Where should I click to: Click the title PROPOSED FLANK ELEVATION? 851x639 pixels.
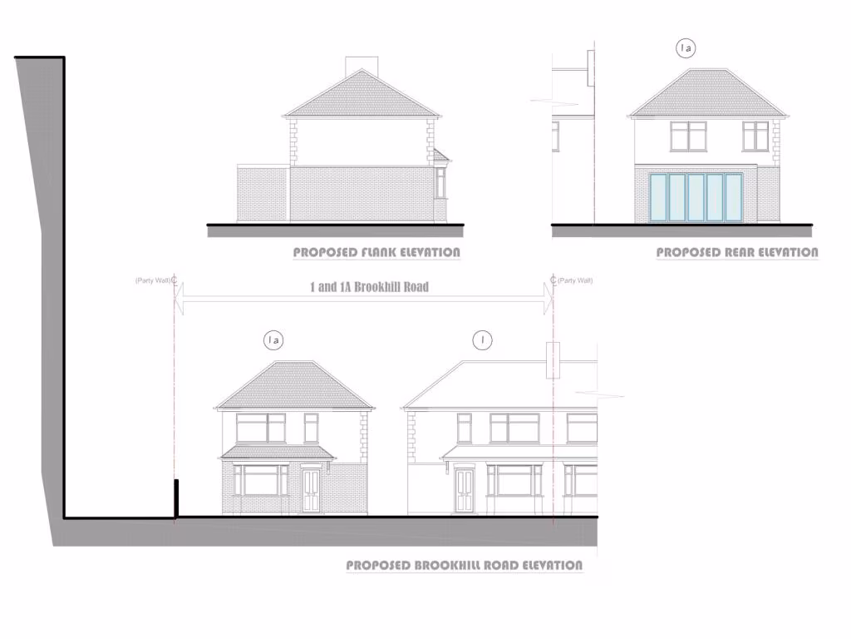click(x=376, y=252)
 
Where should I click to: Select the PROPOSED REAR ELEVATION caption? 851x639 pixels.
click(x=736, y=252)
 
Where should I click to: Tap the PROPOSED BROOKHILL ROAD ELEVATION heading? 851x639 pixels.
click(x=464, y=566)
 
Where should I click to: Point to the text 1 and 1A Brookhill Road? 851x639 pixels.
click(x=369, y=287)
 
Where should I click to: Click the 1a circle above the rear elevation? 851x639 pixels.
click(x=686, y=49)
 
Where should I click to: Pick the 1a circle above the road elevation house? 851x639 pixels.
click(x=273, y=339)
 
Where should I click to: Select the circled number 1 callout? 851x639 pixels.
click(x=481, y=339)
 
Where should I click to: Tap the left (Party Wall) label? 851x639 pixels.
click(x=153, y=280)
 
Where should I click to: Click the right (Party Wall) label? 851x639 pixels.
click(x=575, y=280)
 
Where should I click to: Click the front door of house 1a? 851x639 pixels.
click(x=311, y=490)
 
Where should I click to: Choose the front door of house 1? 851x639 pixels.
click(x=464, y=491)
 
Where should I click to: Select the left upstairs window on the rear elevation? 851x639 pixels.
click(x=688, y=136)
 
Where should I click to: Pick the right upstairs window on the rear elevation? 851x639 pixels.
click(x=755, y=136)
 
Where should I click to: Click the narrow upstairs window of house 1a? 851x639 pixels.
click(x=311, y=428)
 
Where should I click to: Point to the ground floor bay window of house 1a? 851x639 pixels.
click(x=260, y=480)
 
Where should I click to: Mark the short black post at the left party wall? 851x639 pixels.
click(x=175, y=498)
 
